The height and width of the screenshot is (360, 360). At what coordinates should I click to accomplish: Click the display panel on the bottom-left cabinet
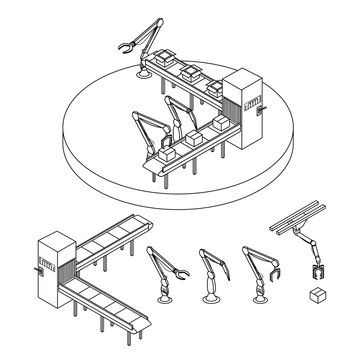pos(43,266)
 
